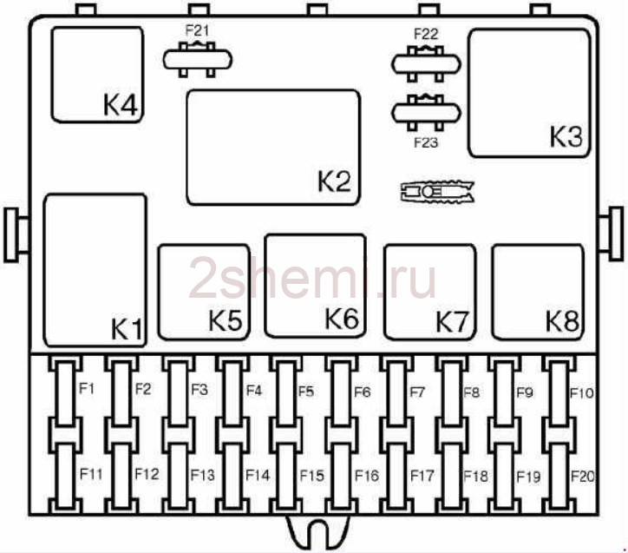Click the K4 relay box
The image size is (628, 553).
click(97, 75)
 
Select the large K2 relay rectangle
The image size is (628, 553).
click(273, 148)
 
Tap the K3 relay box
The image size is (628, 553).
click(529, 94)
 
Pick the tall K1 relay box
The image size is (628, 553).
click(95, 270)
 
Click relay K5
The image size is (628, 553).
click(204, 293)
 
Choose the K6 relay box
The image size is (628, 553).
click(316, 286)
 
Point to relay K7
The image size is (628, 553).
click(429, 293)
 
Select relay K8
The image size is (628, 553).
click(538, 293)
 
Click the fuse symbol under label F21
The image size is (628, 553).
click(198, 60)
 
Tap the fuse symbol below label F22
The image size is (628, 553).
click(426, 64)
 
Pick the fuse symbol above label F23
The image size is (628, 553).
click(426, 113)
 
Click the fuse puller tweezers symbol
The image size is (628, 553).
click(437, 191)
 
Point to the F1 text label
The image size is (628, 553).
click(87, 388)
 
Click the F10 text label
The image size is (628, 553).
click(581, 392)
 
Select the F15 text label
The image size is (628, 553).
click(312, 476)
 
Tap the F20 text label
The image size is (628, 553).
click(582, 477)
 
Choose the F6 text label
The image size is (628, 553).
click(362, 392)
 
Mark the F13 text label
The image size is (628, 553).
click(202, 475)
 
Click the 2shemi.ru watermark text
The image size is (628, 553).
click(312, 279)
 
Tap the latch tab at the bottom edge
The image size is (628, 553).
click(318, 533)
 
